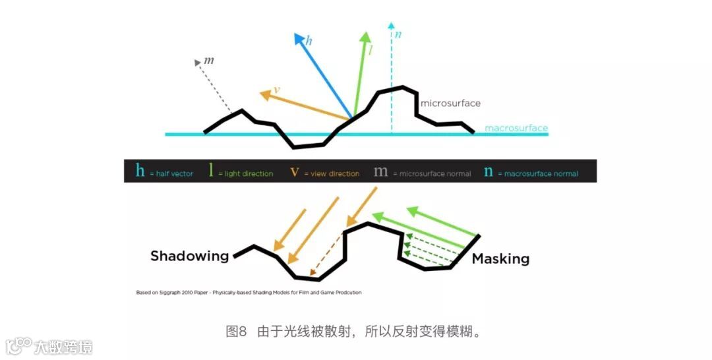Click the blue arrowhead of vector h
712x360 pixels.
click(x=299, y=38)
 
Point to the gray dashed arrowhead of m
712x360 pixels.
click(x=198, y=63)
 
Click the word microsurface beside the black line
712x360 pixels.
click(x=450, y=104)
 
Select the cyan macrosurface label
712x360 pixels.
click(x=516, y=128)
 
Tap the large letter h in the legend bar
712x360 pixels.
click(x=140, y=171)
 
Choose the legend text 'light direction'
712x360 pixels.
click(x=249, y=174)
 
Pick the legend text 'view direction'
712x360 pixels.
click(x=336, y=174)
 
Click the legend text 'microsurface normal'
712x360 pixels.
click(x=435, y=174)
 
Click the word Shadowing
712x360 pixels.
click(x=189, y=256)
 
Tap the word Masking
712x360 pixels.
click(x=500, y=258)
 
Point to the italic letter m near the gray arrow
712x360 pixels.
click(x=209, y=61)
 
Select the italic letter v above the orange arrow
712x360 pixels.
click(x=276, y=90)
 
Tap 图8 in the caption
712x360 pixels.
click(x=236, y=331)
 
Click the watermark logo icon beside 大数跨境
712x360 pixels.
click(x=18, y=345)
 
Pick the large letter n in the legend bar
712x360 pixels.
click(x=489, y=171)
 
